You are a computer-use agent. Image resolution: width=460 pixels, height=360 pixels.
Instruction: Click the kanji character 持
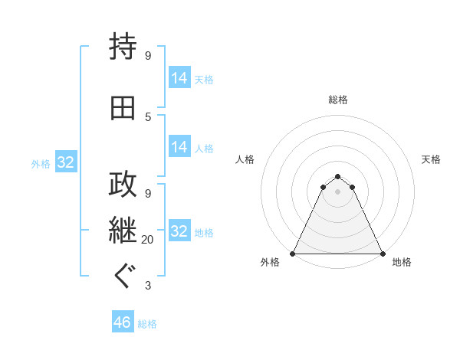123,47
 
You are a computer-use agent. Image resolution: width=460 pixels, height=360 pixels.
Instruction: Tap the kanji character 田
123,107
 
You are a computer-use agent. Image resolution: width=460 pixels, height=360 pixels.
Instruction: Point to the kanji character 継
123,229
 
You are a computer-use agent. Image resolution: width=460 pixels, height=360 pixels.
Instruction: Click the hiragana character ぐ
123,276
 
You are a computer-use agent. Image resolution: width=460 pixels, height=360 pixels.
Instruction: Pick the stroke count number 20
148,240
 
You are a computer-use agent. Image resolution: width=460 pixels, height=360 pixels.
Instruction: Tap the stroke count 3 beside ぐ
148,286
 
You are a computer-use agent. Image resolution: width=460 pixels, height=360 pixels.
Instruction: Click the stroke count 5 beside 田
148,116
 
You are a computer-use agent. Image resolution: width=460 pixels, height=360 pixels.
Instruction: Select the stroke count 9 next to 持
148,55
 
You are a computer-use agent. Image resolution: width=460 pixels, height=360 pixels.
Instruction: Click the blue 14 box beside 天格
179,78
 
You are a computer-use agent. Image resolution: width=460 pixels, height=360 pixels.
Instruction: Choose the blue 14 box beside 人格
179,147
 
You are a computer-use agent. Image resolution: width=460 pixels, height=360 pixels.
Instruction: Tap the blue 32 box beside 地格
179,231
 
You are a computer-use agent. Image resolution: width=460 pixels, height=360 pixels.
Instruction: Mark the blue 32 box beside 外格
65,162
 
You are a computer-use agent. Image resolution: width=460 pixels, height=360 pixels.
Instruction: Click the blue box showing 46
123,322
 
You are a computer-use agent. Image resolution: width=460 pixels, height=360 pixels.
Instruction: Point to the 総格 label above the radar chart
338,100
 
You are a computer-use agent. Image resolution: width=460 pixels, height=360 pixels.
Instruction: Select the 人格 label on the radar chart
245,159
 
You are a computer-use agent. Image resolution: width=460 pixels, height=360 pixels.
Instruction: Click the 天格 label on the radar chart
431,159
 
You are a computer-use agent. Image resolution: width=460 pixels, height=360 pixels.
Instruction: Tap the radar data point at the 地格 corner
382,254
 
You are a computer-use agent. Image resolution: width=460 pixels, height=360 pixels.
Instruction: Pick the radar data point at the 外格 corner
293,254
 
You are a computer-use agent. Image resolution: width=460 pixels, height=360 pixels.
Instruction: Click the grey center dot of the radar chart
337,191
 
